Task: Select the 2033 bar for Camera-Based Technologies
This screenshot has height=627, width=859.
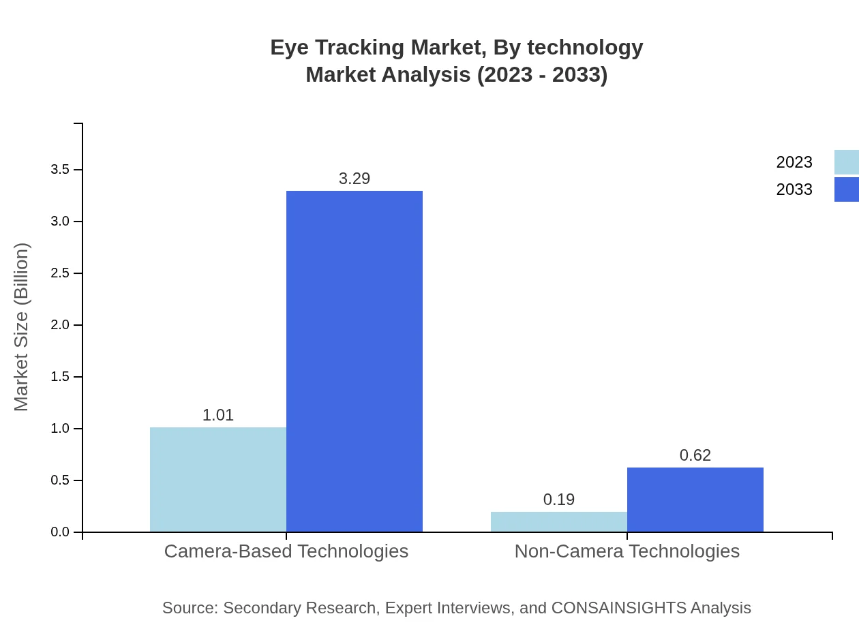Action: [x=355, y=361]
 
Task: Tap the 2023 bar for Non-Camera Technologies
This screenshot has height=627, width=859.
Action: [x=559, y=521]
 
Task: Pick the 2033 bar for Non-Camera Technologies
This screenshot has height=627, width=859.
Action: [x=695, y=500]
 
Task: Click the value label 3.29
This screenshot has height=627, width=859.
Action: [x=355, y=179]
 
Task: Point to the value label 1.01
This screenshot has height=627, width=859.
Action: [x=218, y=415]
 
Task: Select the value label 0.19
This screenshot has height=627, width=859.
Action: [x=559, y=500]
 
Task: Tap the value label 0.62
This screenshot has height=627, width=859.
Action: [x=695, y=455]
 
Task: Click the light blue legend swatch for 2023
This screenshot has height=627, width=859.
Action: [x=846, y=162]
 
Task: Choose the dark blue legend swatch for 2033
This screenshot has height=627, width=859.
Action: [x=846, y=189]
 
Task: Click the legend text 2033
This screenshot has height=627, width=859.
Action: [x=794, y=189]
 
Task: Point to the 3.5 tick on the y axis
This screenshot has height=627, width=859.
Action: [x=61, y=170]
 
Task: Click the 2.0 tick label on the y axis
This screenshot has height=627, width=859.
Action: [x=61, y=325]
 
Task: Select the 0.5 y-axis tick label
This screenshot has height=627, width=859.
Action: [x=61, y=480]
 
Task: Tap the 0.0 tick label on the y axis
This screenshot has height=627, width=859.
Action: [x=61, y=532]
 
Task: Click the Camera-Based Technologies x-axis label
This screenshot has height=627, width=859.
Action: [x=286, y=551]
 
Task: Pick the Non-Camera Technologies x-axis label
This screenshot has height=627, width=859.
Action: [x=627, y=551]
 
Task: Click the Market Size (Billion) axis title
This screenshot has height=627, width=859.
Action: [x=21, y=327]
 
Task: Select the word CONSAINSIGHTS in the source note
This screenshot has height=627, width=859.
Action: [x=618, y=608]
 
